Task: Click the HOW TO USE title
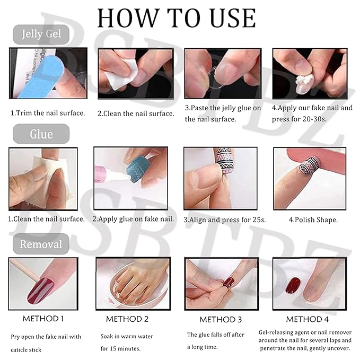[x=176, y=18]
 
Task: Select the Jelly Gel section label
[x=41, y=35]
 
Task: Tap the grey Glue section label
[x=41, y=134]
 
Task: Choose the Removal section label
[x=41, y=244]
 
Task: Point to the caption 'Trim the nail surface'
[x=48, y=113]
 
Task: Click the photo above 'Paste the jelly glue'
[x=223, y=73]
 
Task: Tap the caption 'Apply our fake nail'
[x=312, y=108]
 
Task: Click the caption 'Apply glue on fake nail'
[x=134, y=218]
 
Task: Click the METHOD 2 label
[x=127, y=319]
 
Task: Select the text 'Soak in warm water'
[x=128, y=336]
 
